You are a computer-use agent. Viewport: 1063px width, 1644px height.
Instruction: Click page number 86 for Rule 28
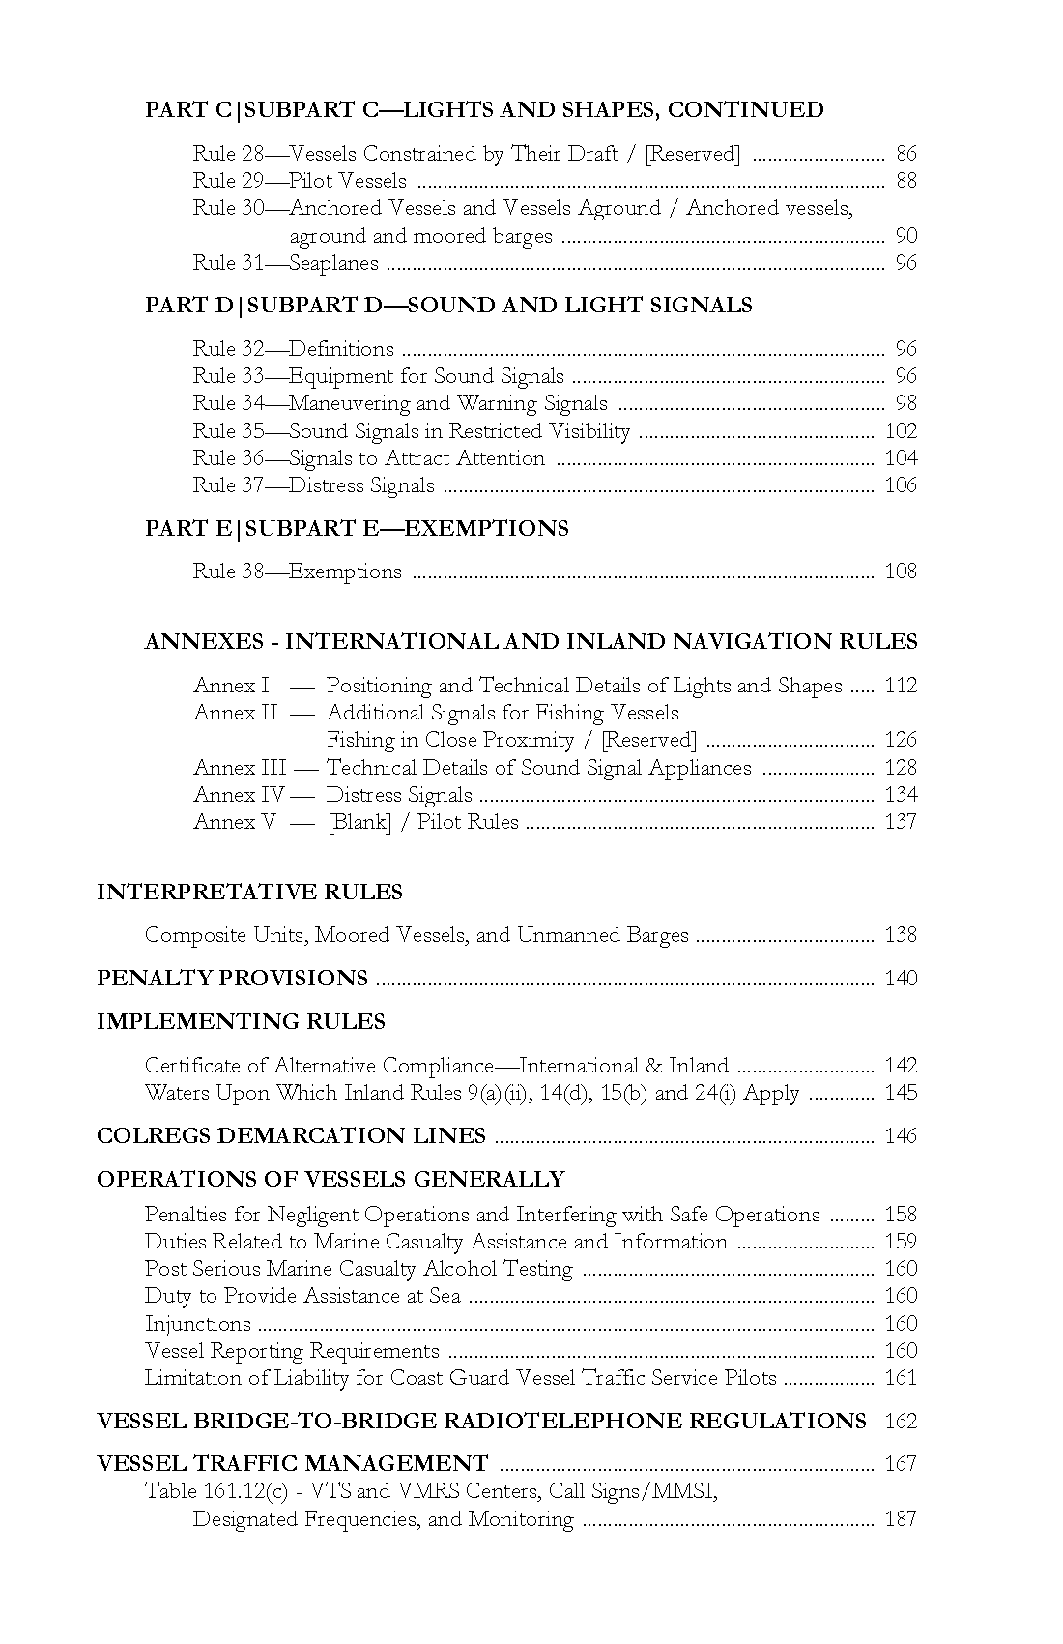point(905,154)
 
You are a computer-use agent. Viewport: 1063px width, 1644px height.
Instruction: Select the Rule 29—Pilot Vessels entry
point(300,181)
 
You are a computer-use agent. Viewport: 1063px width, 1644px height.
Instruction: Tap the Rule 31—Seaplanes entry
point(285,263)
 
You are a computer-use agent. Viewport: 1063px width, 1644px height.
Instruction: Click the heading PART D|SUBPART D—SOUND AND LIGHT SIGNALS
point(448,306)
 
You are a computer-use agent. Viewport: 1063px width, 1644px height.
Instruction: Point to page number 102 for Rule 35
point(900,431)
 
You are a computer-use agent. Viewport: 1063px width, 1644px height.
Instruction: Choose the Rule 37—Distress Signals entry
point(313,485)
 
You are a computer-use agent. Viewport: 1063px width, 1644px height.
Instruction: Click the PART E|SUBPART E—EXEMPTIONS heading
point(357,528)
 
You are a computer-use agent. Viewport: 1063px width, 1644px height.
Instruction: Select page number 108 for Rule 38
point(900,572)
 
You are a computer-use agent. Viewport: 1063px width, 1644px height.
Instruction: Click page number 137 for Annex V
point(900,822)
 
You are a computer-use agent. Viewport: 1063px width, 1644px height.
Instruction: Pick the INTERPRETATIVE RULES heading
point(249,892)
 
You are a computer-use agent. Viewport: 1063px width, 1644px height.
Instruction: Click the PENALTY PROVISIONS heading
point(232,979)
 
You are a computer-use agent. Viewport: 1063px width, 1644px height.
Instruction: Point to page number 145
point(900,1093)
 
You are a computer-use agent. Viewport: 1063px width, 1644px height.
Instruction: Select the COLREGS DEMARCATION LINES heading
point(291,1136)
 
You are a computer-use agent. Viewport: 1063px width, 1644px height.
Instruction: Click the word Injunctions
point(197,1324)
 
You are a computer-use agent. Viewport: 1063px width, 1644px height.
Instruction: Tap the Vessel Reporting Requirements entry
point(292,1351)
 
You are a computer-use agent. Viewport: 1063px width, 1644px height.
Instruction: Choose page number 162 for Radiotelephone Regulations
point(900,1422)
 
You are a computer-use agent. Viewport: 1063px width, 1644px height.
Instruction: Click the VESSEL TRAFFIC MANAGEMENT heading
point(292,1464)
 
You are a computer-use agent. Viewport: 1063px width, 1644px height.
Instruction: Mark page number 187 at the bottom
point(900,1519)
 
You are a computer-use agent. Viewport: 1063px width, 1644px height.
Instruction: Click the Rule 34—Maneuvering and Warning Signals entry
point(400,403)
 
